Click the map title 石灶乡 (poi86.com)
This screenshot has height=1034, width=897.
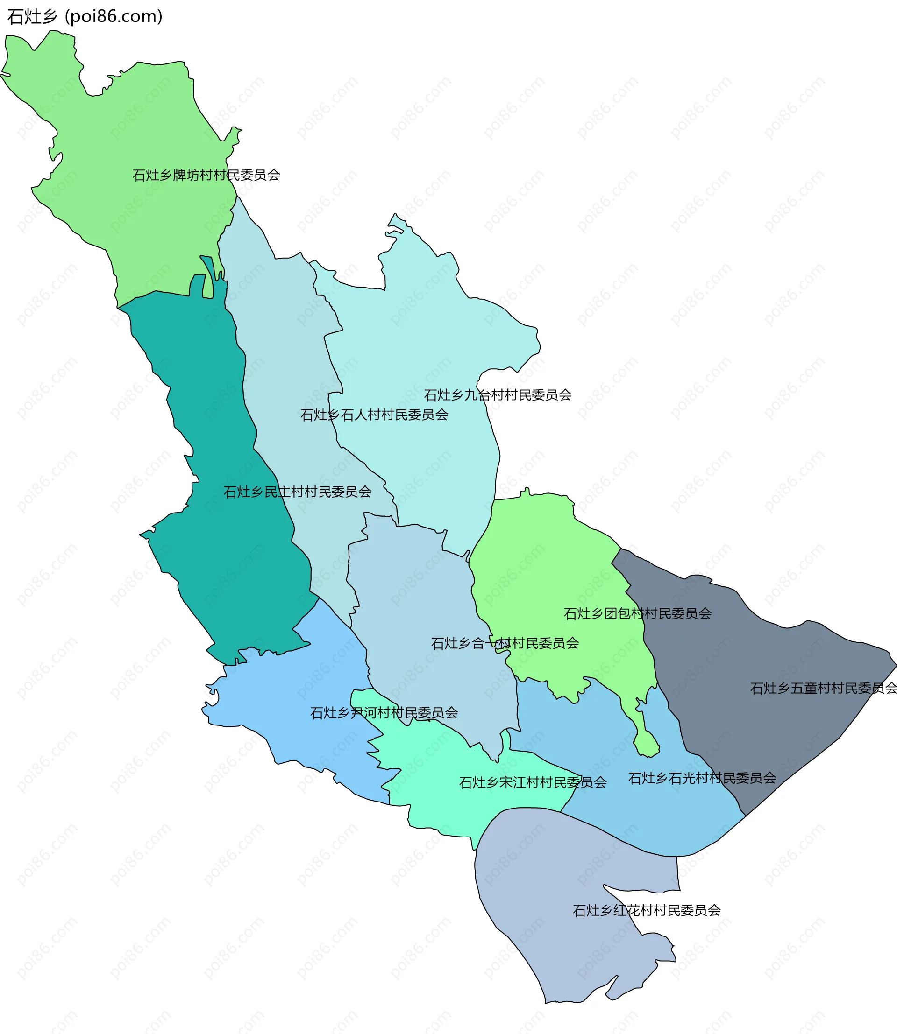point(85,16)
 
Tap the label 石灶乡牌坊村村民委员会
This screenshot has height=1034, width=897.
point(206,175)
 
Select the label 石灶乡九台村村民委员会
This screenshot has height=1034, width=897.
point(498,395)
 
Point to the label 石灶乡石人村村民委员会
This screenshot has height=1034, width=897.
point(374,415)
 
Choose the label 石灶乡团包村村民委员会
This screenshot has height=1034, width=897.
point(637,614)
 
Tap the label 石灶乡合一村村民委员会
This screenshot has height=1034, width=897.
point(505,643)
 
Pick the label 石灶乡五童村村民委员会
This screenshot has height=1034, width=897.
point(823,689)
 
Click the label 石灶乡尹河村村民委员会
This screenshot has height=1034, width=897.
point(384,713)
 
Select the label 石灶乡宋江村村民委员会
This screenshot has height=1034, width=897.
point(533,782)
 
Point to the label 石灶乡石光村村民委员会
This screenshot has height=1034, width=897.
point(702,778)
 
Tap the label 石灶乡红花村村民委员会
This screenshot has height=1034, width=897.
point(646,910)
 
